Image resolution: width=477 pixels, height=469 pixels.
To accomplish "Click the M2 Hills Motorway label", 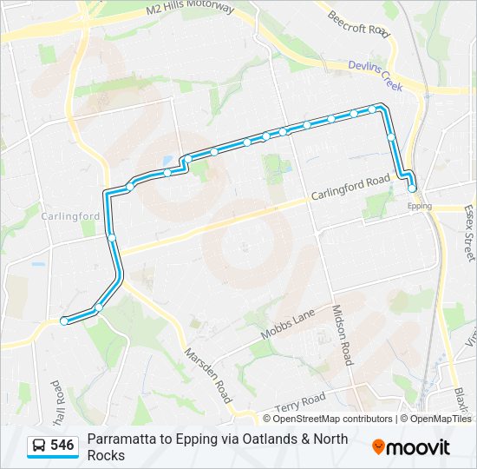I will pos(190,9).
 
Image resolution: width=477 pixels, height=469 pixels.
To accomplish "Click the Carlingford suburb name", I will pos(71,216).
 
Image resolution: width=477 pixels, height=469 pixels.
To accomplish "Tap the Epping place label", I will pos(419,206).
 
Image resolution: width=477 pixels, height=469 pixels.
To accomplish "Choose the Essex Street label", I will pos(469,233).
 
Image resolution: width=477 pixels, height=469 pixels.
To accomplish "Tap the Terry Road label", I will pos(299,402).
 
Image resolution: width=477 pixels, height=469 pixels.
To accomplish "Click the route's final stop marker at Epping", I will pos(412,188).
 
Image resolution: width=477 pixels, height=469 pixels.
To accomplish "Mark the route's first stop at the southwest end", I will pos(64,321).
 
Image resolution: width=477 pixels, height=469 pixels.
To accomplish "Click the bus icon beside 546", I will pos(39,446).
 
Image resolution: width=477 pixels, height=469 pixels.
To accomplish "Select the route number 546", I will pos(62,446).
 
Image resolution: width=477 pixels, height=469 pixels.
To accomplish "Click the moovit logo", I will pos(411,446).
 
